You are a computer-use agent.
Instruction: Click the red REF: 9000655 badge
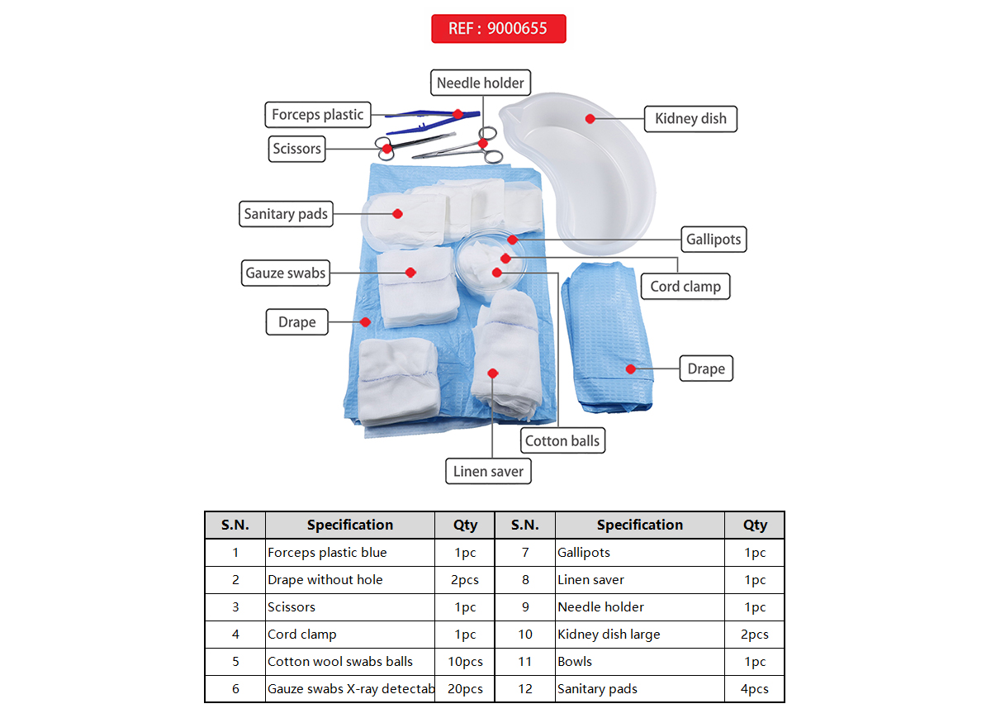[x=498, y=28]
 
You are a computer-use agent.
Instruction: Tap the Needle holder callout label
[x=480, y=83]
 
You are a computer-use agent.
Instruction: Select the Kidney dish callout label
[x=690, y=118]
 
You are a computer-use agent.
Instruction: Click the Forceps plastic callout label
[x=317, y=115]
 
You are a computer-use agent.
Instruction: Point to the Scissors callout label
[x=296, y=149]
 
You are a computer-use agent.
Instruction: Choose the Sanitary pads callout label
[x=286, y=214]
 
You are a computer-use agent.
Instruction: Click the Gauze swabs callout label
[x=286, y=273]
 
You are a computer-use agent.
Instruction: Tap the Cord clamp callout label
[x=685, y=287]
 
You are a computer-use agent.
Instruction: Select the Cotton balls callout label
[x=562, y=440]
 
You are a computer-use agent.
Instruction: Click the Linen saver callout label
[x=488, y=472]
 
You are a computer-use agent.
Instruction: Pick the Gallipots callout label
[x=714, y=240]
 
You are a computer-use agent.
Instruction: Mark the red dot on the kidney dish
[x=590, y=119]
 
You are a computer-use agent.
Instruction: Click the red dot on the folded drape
[x=630, y=369]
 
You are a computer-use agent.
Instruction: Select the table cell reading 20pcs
[x=465, y=689]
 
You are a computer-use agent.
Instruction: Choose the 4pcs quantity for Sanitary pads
[x=754, y=689]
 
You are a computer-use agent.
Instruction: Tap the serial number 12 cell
[x=525, y=689]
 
